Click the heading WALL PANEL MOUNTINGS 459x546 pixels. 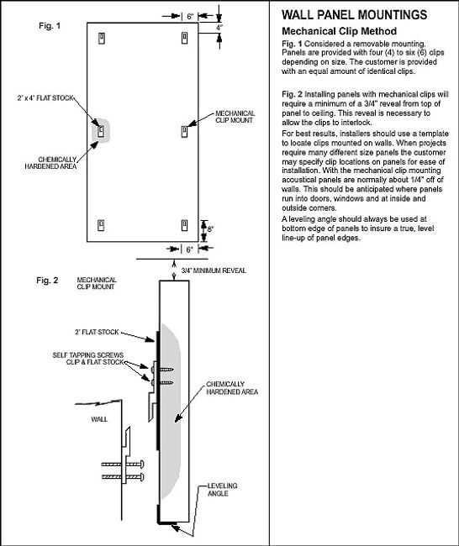(x=354, y=14)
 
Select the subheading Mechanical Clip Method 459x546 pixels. (x=339, y=31)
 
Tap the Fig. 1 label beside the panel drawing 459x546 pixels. (x=50, y=26)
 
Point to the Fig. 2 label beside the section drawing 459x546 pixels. (x=47, y=281)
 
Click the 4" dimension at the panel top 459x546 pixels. (x=219, y=28)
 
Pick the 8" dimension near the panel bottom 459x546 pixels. (x=210, y=229)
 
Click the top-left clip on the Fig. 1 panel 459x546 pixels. (x=102, y=39)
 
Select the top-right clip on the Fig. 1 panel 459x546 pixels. (x=185, y=38)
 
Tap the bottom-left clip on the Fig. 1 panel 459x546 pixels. (x=101, y=225)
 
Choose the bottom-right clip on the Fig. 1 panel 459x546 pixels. (x=184, y=225)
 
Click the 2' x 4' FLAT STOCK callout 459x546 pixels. (x=45, y=98)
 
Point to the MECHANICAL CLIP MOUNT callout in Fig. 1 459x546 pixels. (x=235, y=117)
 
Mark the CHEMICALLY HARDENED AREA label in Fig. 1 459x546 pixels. (x=50, y=163)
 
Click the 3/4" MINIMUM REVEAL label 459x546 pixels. (x=214, y=270)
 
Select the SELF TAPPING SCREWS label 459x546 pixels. (x=87, y=355)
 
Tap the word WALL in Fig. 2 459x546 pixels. (x=99, y=419)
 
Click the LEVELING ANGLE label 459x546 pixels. (x=223, y=490)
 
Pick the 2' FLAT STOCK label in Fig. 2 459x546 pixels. (x=97, y=332)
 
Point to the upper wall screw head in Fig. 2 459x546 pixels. (x=142, y=465)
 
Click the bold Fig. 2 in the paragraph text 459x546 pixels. (x=292, y=94)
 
